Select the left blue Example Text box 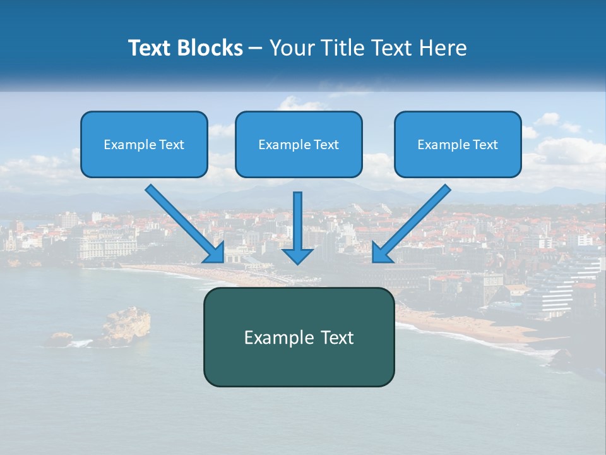pyautogui.click(x=144, y=144)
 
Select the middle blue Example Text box pyautogui.click(x=299, y=144)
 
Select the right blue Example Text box pyautogui.click(x=458, y=144)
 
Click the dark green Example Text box pyautogui.click(x=299, y=337)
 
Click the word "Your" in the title pyautogui.click(x=289, y=48)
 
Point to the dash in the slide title pyautogui.click(x=256, y=48)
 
